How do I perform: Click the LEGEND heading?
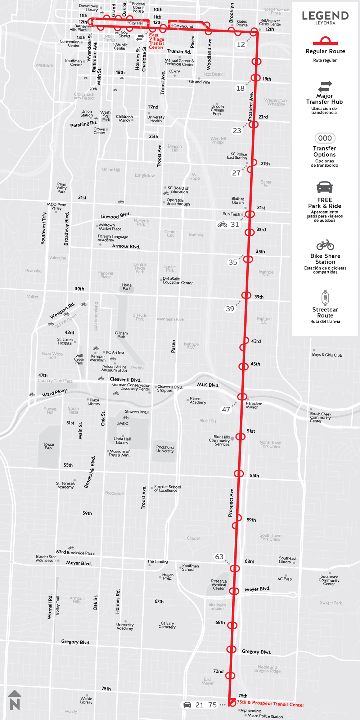(x=325, y=16)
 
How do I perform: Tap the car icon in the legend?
(x=324, y=188)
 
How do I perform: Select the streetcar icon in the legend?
(x=325, y=298)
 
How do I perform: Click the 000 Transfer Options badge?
(x=325, y=138)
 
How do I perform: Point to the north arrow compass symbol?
(x=15, y=700)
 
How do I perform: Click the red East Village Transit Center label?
(x=156, y=41)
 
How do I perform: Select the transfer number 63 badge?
(x=219, y=557)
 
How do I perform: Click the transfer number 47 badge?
(x=226, y=409)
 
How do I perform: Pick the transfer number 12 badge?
(x=241, y=45)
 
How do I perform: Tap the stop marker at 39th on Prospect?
(x=246, y=295)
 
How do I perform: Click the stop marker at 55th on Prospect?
(x=239, y=473)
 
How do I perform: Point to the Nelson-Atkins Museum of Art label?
(x=114, y=368)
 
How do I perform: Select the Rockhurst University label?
(x=165, y=449)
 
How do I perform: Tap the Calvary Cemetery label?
(x=167, y=625)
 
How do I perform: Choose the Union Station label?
(x=86, y=113)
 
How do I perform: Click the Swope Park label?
(x=330, y=603)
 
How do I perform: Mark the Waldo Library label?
(x=86, y=700)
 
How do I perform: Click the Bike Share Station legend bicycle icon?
(x=325, y=245)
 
